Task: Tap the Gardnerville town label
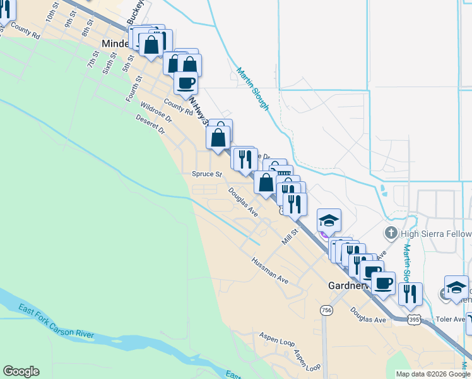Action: tap(344, 286)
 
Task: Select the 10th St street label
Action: tap(52, 18)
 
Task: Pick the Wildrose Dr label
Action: tap(156, 112)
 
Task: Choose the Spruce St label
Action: tap(207, 174)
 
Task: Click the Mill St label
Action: tap(290, 239)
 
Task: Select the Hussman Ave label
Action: tap(269, 270)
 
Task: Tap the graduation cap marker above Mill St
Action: tap(329, 220)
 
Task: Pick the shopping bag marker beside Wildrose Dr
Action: tap(218, 136)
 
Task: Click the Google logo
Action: tap(21, 371)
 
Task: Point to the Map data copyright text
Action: tap(433, 374)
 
